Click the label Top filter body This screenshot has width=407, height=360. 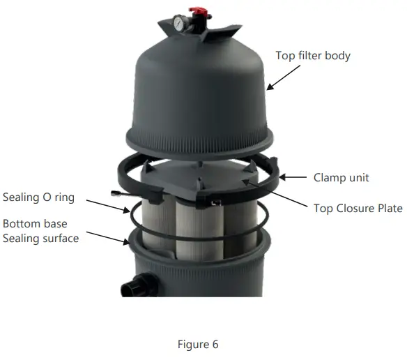tap(313, 55)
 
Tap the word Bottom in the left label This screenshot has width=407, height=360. tap(20, 224)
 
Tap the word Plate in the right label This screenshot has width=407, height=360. tap(388, 209)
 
